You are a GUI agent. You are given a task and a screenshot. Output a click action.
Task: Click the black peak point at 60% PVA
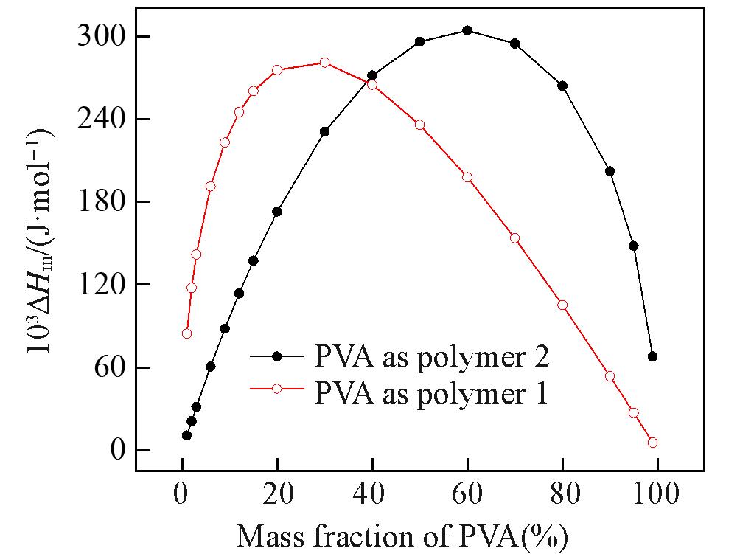[467, 30]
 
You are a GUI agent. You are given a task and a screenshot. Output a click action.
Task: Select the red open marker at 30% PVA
[324, 63]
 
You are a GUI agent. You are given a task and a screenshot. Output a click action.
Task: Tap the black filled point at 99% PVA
[652, 356]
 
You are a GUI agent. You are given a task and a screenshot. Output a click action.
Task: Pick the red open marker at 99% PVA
[652, 443]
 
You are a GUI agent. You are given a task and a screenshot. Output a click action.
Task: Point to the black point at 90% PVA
[610, 171]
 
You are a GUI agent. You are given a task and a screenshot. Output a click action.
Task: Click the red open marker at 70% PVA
[514, 238]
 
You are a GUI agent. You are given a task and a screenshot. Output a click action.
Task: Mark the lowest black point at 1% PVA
[186, 435]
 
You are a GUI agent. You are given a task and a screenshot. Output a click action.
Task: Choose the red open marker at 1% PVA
[186, 333]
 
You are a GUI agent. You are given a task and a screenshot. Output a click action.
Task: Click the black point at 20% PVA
[277, 212]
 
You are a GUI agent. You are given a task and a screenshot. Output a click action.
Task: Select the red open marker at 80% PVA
[562, 305]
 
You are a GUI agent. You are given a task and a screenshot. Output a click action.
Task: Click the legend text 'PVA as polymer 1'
[431, 391]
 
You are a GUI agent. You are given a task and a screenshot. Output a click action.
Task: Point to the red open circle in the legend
[277, 389]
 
